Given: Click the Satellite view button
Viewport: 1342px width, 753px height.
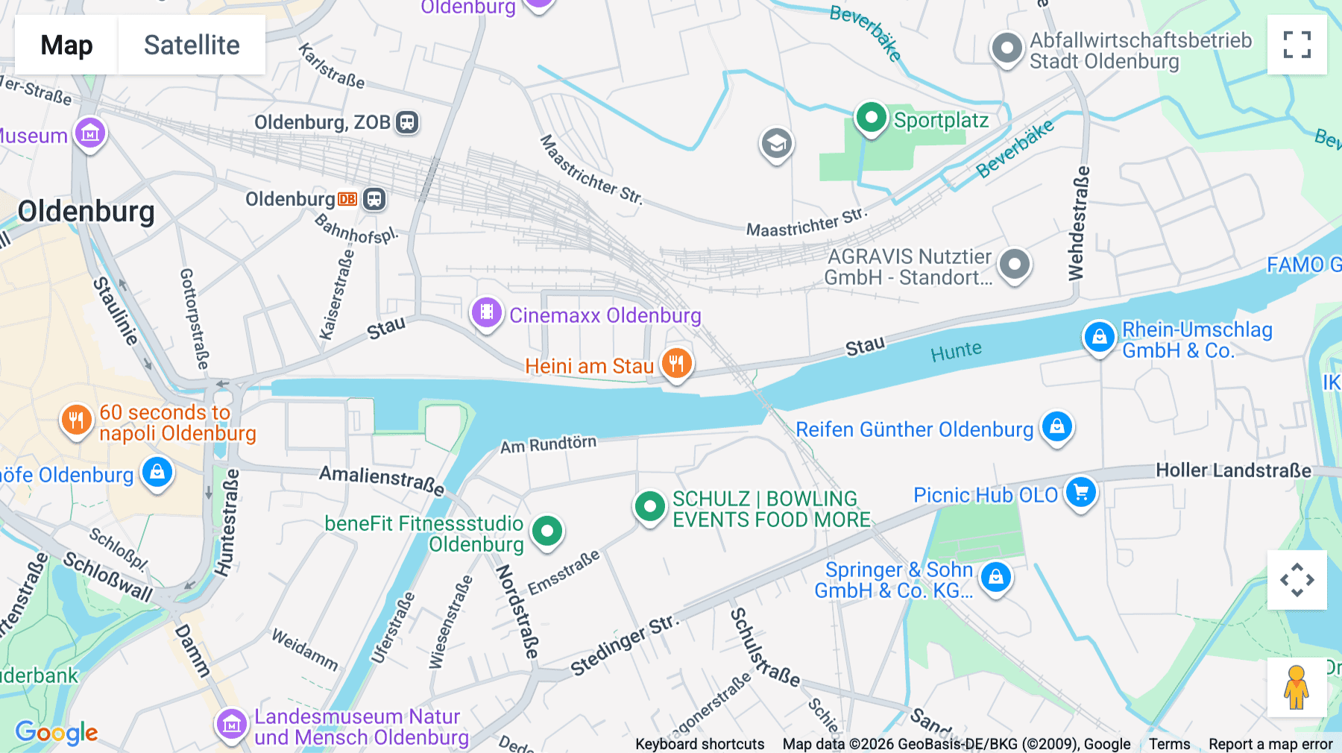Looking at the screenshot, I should click(x=192, y=45).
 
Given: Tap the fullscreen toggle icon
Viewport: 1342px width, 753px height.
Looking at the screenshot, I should click(x=1297, y=45).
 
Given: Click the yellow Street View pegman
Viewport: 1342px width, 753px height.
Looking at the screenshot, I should click(x=1297, y=687).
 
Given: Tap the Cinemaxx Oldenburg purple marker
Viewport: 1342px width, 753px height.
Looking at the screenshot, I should click(x=487, y=312).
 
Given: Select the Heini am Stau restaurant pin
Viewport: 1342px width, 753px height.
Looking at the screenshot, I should click(x=677, y=364).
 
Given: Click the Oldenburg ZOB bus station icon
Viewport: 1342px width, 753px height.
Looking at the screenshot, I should click(x=407, y=122).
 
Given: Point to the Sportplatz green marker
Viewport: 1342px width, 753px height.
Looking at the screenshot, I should click(x=871, y=118).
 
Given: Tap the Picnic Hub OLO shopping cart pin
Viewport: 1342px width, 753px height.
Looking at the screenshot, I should click(x=1080, y=492).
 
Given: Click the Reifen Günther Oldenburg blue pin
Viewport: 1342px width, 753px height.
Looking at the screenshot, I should click(x=1056, y=427).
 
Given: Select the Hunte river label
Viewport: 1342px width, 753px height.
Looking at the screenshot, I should click(x=956, y=350).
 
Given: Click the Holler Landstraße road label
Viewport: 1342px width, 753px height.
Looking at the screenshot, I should click(x=1233, y=470).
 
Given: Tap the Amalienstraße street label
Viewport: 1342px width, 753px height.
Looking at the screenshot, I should click(x=382, y=479).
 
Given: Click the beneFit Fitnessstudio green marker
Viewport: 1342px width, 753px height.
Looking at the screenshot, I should click(x=547, y=532).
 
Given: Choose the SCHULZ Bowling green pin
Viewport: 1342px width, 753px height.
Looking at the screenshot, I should click(x=649, y=507).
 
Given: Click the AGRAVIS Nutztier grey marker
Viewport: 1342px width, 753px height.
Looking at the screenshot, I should click(x=1014, y=264).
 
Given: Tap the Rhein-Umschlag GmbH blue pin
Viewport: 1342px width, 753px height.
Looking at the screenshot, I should click(x=1099, y=338).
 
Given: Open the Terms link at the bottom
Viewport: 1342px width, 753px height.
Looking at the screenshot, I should click(x=1169, y=743).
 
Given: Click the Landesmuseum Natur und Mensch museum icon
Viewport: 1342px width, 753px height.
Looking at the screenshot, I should click(x=231, y=723).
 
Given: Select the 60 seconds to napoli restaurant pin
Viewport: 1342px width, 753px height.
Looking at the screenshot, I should click(x=76, y=420).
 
